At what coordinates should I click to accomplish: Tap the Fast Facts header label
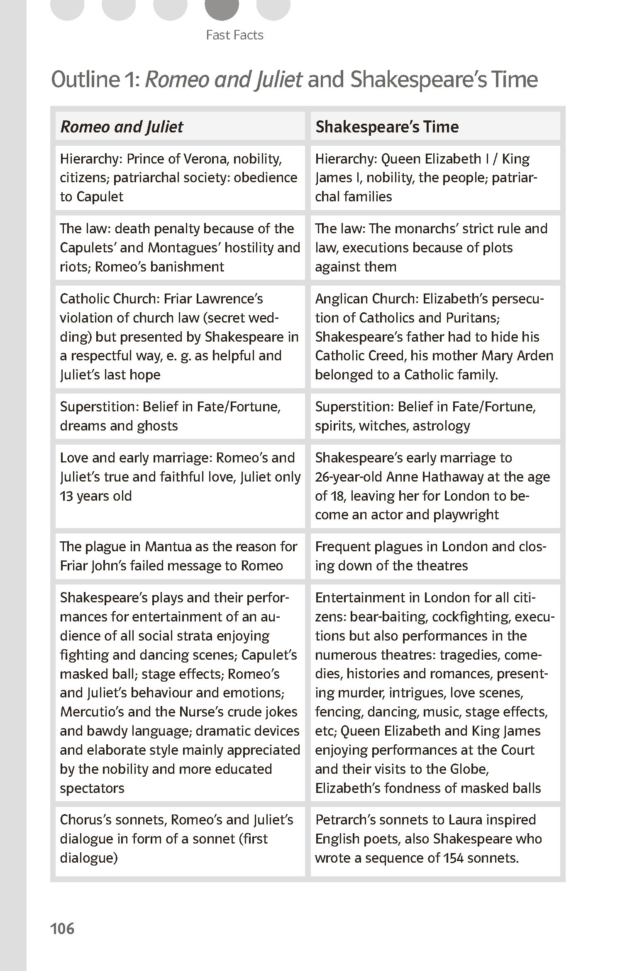coord(234,35)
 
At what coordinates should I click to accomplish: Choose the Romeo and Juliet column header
coord(122,127)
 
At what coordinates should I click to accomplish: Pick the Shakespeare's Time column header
coord(387,127)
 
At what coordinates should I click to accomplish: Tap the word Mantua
coord(168,547)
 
